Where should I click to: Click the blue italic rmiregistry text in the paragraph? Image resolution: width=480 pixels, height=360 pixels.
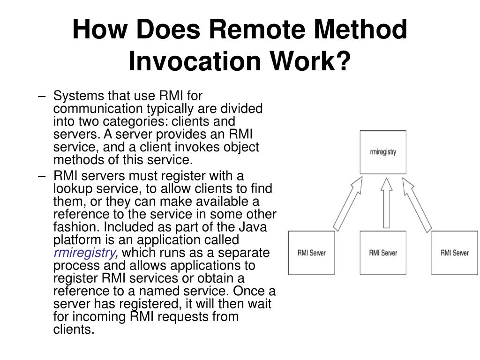[84, 253]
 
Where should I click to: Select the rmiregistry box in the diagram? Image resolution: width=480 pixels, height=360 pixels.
[383, 152]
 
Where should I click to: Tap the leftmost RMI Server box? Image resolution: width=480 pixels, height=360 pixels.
[312, 253]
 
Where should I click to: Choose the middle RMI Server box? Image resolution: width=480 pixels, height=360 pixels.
[383, 253]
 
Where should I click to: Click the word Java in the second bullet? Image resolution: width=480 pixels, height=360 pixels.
[254, 227]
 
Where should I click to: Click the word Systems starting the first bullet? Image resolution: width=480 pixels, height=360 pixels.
[79, 96]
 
